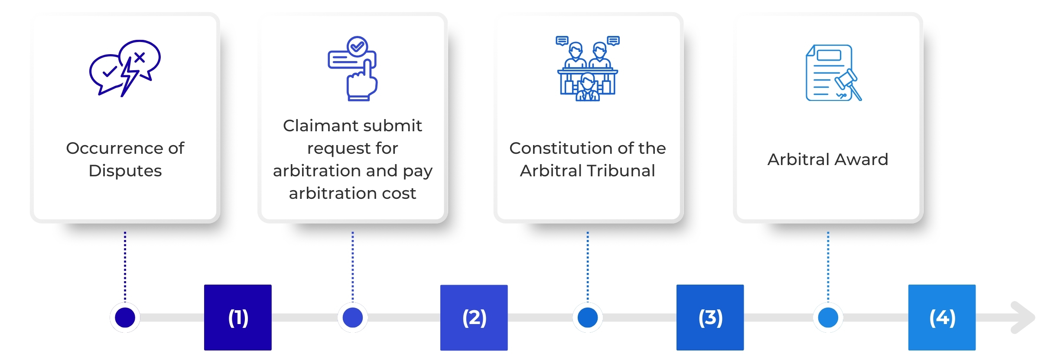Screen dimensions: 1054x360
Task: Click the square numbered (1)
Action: point(238,317)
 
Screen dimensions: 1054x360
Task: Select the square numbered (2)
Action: point(474,317)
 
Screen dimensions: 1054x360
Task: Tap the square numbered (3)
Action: point(710,317)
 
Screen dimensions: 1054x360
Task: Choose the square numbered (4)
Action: point(942,317)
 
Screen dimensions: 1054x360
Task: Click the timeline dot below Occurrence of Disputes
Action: point(125,318)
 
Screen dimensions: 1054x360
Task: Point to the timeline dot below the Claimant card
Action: point(353,318)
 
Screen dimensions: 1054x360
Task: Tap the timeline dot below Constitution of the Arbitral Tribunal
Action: point(588,318)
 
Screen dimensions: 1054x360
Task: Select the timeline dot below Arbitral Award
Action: point(828,318)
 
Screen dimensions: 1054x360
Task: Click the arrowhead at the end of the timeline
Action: point(1024,318)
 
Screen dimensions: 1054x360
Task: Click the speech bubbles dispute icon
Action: point(125,68)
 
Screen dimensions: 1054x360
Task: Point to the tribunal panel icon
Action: point(588,68)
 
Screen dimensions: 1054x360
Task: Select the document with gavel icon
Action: point(833,73)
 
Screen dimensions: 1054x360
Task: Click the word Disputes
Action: point(125,171)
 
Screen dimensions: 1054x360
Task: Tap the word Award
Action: point(861,159)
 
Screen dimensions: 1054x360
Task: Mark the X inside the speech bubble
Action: point(140,57)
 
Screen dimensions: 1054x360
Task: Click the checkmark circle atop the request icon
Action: point(358,46)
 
